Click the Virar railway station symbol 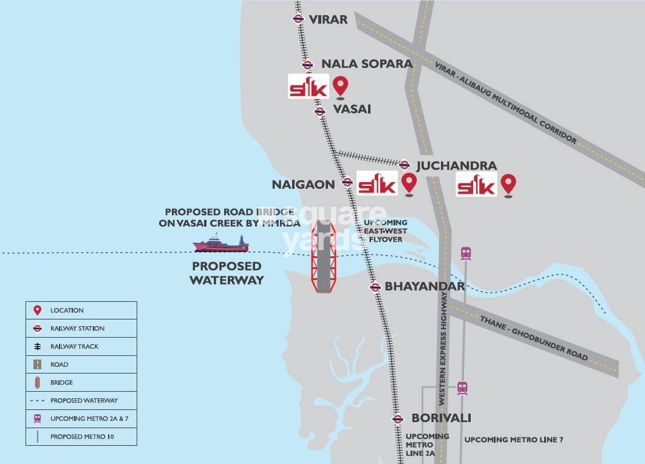(298, 19)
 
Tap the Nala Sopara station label (366, 64)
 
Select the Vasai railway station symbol (320, 111)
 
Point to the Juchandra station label (456, 165)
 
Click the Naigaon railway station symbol (347, 182)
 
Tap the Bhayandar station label (425, 286)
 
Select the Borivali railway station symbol (397, 418)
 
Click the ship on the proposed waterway (221, 244)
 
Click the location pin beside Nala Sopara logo (341, 87)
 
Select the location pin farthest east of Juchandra (508, 185)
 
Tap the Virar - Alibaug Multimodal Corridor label (505, 102)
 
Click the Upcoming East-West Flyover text (386, 231)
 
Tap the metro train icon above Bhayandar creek (466, 253)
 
